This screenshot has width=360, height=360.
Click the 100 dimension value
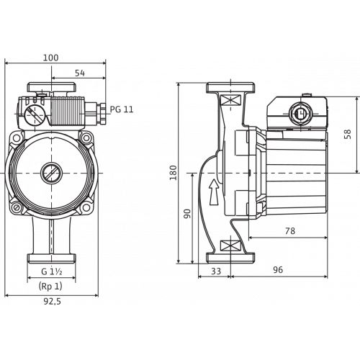(x=50, y=58)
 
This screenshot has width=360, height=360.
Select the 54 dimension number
(x=80, y=73)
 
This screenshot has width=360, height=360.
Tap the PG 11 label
(x=122, y=109)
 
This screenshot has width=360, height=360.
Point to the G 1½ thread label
(x=52, y=271)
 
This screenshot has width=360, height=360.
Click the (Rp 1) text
(x=50, y=286)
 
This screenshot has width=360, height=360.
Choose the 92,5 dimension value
(x=52, y=302)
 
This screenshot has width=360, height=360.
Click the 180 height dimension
(x=173, y=173)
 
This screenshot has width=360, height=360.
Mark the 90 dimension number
(x=187, y=214)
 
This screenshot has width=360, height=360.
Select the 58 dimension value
(x=348, y=134)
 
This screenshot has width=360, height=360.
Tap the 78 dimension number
(x=290, y=231)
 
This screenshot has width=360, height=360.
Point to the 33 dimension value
(x=216, y=271)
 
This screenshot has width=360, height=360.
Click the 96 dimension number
(x=278, y=270)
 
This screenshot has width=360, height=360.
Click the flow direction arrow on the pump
(x=214, y=192)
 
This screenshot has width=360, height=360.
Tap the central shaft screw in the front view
(x=51, y=173)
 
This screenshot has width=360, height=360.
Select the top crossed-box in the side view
(x=230, y=99)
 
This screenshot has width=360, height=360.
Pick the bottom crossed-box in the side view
(x=230, y=246)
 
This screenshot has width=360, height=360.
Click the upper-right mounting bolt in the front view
(x=86, y=138)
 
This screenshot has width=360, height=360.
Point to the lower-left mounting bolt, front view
(x=17, y=207)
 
